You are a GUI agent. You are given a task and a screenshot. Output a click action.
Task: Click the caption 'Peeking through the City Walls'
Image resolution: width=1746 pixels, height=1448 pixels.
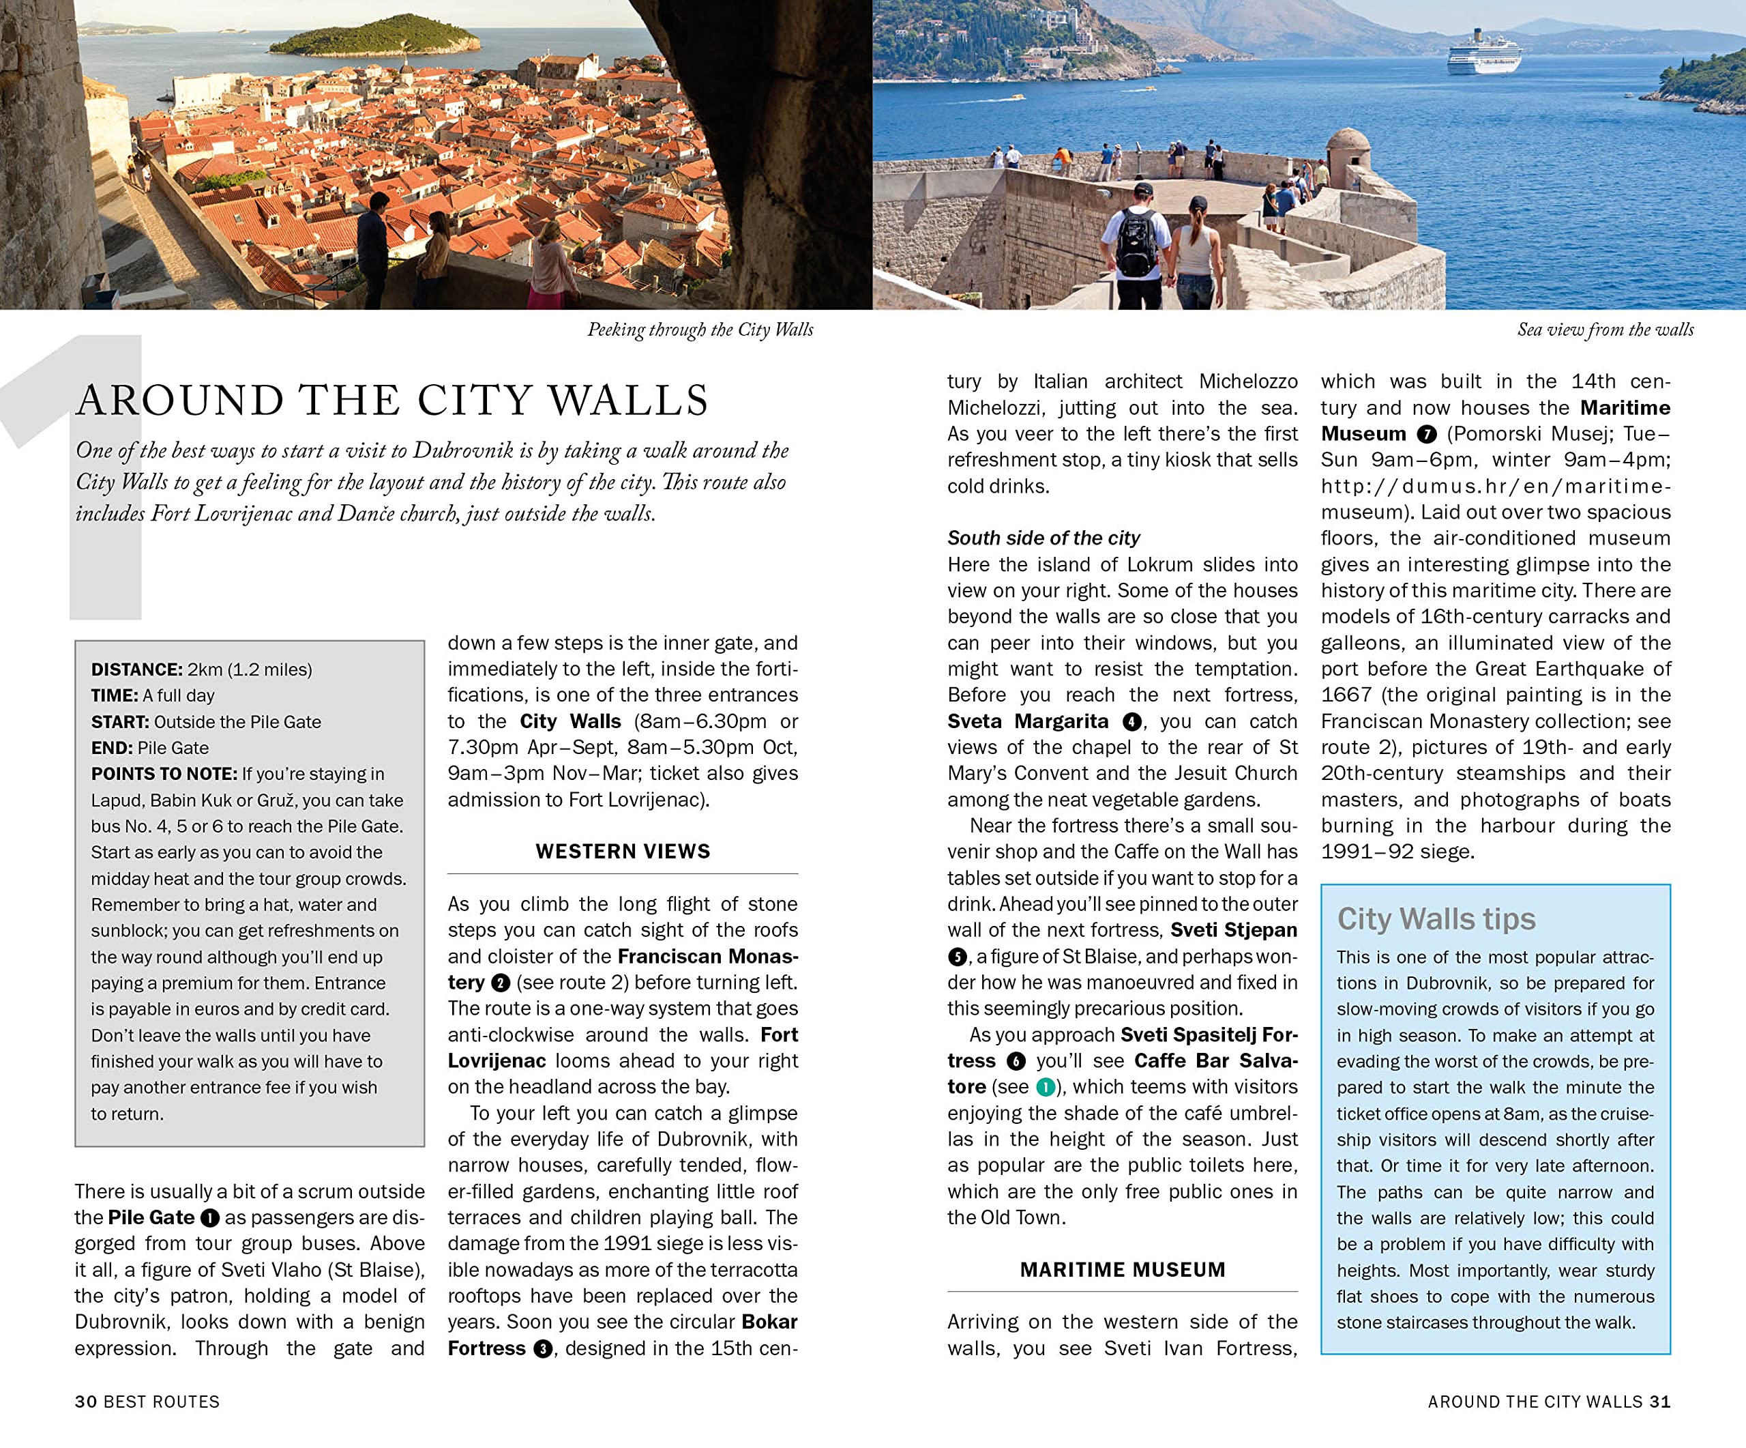coord(700,330)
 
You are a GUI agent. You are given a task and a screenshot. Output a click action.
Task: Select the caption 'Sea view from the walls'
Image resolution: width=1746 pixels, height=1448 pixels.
coord(1605,330)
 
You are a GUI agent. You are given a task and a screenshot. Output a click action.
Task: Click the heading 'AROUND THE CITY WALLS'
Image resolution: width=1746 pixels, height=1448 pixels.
coord(392,401)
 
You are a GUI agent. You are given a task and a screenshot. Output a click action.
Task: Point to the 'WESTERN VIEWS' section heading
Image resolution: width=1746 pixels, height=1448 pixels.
coord(623,851)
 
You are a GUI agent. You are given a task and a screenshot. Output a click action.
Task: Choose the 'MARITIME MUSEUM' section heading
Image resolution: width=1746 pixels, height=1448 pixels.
coord(1123,1269)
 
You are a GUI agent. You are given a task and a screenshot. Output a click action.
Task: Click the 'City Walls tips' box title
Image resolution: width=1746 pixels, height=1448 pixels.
coord(1436,919)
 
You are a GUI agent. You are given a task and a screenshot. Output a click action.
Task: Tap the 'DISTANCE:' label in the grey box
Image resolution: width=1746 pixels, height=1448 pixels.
coord(136,669)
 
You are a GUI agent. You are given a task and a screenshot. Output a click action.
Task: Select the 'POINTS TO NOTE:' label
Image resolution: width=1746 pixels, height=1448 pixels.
coord(164,774)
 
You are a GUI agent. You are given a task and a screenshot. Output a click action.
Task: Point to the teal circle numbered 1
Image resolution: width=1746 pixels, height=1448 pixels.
coord(1045,1087)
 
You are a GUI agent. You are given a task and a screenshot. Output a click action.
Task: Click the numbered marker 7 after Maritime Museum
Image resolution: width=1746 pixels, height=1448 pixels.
coord(1427,434)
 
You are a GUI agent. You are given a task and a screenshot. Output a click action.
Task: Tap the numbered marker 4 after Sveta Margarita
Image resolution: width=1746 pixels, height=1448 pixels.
coord(1131,721)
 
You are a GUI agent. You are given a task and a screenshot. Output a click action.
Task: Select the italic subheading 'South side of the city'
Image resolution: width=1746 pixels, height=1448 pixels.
coord(1044,538)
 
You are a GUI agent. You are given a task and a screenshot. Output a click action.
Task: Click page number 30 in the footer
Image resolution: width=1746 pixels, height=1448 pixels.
coord(86,1402)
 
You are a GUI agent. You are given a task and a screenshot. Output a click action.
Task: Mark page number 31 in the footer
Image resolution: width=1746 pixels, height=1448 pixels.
coord(1659,1402)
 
